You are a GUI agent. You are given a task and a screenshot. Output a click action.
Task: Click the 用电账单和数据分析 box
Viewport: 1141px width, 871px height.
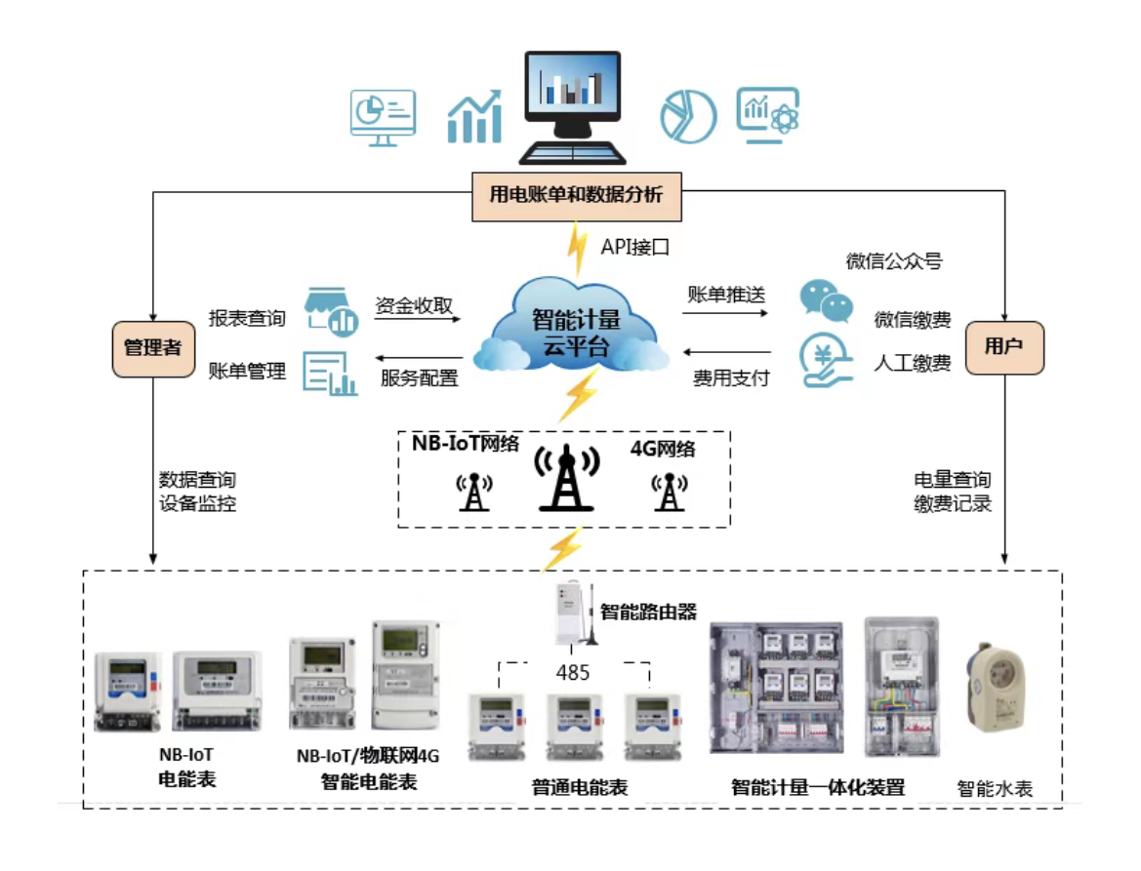tap(576, 195)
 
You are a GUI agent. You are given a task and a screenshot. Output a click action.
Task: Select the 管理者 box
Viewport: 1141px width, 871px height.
tap(153, 348)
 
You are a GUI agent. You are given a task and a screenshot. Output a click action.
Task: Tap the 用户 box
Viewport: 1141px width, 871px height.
tap(1004, 348)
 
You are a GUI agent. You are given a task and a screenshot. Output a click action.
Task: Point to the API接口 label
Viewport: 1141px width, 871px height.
tap(635, 247)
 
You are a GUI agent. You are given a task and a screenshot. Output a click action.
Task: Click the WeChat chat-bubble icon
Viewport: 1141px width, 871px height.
tap(826, 301)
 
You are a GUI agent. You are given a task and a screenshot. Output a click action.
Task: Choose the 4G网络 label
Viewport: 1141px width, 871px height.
tap(664, 449)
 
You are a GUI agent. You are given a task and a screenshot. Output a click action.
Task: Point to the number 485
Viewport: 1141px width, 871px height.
tap(572, 673)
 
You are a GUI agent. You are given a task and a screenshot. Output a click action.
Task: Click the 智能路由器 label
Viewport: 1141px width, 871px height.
tap(648, 612)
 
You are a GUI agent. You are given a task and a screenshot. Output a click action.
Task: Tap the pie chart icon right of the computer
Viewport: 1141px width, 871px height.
tap(688, 115)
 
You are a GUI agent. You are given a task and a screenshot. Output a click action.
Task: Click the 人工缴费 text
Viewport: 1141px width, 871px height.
tap(912, 364)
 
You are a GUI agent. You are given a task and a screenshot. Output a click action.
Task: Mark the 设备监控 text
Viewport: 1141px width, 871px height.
tap(197, 504)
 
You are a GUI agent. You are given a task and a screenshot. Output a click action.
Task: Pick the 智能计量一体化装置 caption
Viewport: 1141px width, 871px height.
tap(818, 787)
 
